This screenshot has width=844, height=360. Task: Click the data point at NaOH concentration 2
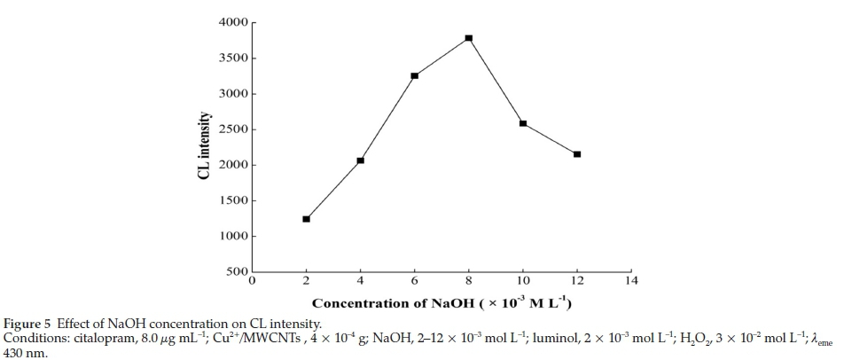tap(307, 219)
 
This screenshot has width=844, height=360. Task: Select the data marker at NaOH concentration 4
tap(361, 160)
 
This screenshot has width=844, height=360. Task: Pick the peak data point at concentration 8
tap(469, 38)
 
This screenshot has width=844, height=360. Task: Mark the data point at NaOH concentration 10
tap(523, 123)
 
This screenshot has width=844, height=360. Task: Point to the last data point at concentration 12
tap(577, 154)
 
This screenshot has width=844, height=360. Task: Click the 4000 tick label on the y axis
tap(233, 23)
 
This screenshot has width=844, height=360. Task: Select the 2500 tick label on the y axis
tap(233, 129)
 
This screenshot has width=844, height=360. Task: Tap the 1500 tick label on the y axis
tap(233, 201)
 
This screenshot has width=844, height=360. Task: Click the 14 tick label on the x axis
tap(630, 282)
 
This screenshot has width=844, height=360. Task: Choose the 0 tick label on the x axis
tap(253, 282)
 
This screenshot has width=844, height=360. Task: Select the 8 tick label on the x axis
tap(469, 282)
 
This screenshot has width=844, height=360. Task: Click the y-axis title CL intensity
tap(204, 147)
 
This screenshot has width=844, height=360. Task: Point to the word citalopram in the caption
tap(94, 338)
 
